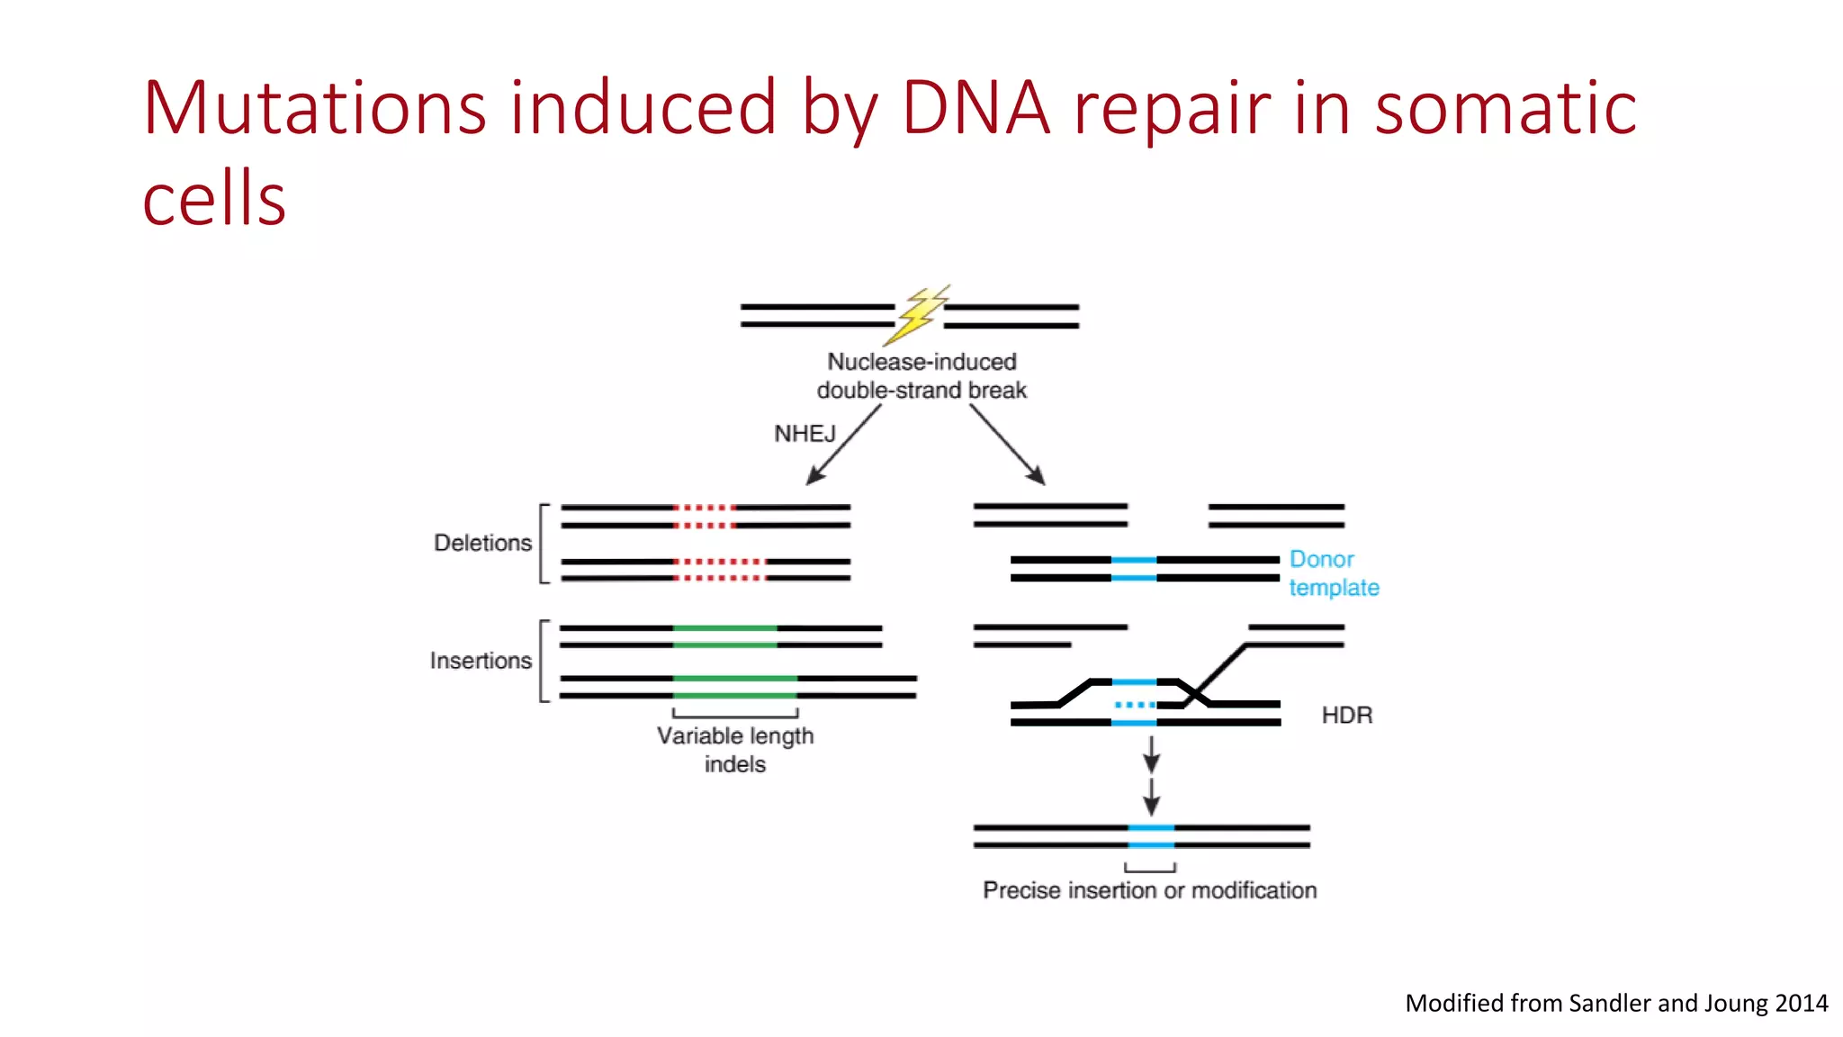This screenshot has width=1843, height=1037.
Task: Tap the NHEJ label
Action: (805, 434)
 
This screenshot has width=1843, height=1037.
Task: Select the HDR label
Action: (1346, 716)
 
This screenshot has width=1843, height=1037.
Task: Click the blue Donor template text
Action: (1333, 573)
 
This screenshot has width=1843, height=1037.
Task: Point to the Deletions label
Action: (482, 543)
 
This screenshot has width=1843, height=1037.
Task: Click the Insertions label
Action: (481, 661)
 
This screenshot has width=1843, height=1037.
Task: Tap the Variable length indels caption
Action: (735, 749)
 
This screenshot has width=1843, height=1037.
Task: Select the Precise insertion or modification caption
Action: (1149, 890)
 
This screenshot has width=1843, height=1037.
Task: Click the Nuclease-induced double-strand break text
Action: (921, 376)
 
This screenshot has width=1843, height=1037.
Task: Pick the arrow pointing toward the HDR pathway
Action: (1007, 446)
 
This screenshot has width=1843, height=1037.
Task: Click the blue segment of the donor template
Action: (1134, 569)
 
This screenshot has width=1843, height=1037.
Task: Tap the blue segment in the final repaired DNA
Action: (1151, 836)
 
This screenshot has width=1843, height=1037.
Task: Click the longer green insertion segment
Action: (735, 687)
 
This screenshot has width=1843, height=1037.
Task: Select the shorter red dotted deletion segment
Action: (705, 517)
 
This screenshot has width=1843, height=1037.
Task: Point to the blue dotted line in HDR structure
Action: (1134, 705)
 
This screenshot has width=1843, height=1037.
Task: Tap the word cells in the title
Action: (214, 199)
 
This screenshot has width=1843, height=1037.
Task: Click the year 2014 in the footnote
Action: (1801, 1003)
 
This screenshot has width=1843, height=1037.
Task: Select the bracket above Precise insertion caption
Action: (1150, 869)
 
